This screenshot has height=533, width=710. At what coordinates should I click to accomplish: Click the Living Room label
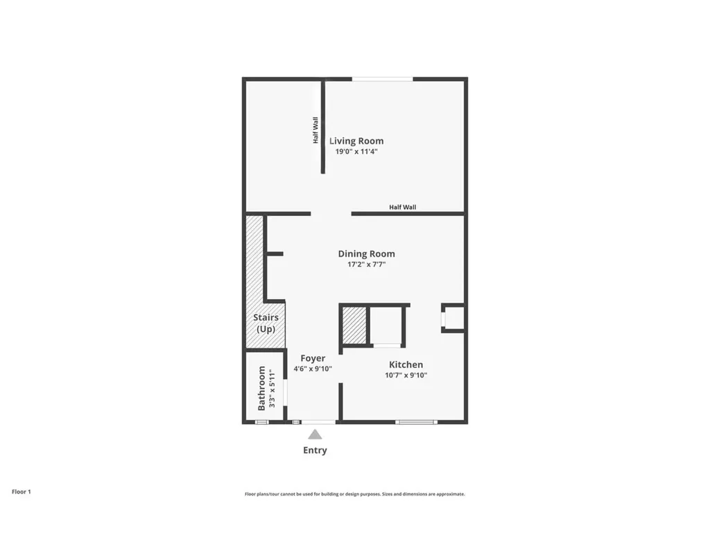click(x=356, y=141)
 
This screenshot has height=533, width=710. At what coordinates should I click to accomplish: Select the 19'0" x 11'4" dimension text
click(x=356, y=151)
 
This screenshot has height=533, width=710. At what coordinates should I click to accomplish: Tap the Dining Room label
click(x=366, y=254)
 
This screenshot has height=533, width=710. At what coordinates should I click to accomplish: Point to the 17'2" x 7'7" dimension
click(x=366, y=264)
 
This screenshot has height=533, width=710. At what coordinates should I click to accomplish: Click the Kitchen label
click(x=406, y=365)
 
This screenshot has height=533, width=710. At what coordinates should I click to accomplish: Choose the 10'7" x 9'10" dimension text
click(x=406, y=375)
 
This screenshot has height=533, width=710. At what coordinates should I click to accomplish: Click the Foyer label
click(x=313, y=358)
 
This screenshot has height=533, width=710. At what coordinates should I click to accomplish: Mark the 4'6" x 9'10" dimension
click(x=313, y=369)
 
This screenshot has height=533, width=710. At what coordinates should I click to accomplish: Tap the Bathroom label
click(x=262, y=388)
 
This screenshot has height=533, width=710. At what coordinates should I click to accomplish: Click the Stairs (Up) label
click(x=266, y=323)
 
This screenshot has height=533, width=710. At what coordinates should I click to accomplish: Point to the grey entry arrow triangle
click(x=315, y=434)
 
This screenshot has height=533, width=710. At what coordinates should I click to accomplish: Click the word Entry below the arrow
click(x=315, y=450)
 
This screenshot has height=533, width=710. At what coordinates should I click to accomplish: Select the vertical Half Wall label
click(x=315, y=130)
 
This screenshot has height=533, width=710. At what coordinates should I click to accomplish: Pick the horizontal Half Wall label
click(x=402, y=207)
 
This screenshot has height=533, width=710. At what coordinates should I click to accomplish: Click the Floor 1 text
click(x=21, y=491)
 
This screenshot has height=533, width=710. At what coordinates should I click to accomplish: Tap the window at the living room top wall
click(x=382, y=79)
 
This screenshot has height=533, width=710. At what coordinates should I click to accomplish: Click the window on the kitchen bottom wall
click(x=416, y=421)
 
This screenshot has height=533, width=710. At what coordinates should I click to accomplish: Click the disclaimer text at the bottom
click(x=354, y=494)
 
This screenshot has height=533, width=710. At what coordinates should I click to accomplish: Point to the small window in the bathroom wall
click(x=262, y=421)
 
